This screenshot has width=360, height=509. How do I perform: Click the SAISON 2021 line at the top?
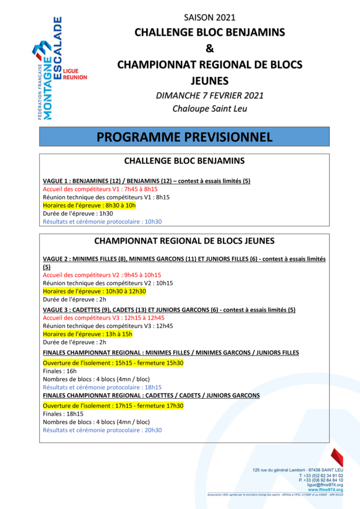click(x=209, y=18)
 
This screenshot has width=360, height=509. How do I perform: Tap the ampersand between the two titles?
click(x=209, y=48)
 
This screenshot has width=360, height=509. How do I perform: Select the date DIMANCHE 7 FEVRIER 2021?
click(x=209, y=95)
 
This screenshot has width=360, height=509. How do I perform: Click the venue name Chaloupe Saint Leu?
click(x=209, y=109)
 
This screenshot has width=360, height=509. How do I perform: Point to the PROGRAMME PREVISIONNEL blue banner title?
click(x=184, y=137)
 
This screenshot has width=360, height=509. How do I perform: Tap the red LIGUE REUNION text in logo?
click(x=75, y=74)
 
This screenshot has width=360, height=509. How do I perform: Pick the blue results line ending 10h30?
click(x=102, y=222)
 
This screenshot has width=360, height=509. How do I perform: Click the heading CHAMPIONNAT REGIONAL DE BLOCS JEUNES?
click(x=184, y=241)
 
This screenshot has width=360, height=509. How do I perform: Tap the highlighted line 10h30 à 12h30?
click(x=94, y=291)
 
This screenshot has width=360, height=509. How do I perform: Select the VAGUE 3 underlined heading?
click(x=169, y=310)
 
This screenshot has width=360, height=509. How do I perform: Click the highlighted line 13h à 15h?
click(x=88, y=334)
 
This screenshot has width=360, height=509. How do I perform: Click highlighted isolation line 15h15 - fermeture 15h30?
click(x=113, y=363)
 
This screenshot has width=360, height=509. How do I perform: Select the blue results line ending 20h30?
click(x=102, y=430)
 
